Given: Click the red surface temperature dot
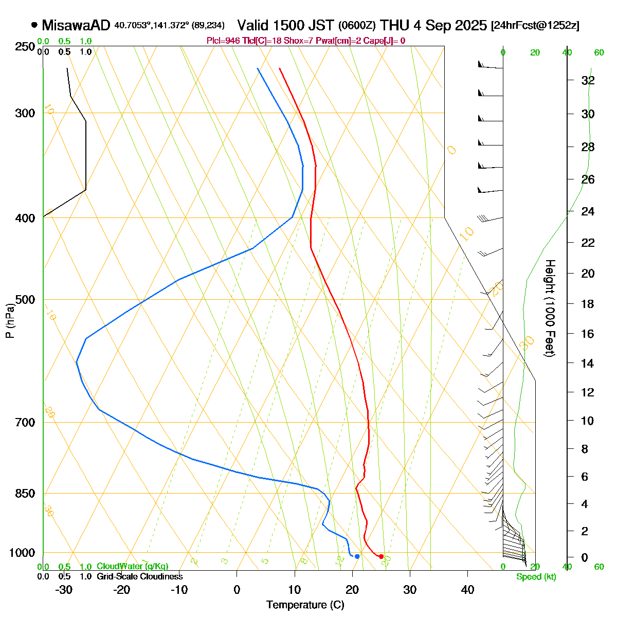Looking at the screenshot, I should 381,556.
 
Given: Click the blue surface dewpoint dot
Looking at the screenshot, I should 357,556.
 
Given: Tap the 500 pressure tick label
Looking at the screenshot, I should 26,300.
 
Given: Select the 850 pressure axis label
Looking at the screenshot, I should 26,494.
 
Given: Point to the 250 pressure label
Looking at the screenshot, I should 26,47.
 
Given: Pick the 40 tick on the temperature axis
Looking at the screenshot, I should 467,590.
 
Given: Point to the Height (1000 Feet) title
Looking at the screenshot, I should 550,308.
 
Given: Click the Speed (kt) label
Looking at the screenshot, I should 536,577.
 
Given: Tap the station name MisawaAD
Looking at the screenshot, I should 76,25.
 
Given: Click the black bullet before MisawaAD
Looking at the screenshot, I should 34,25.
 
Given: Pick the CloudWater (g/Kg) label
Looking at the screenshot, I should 132,567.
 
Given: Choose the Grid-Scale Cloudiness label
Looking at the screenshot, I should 139,577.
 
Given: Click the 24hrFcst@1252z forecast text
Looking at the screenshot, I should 535,26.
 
